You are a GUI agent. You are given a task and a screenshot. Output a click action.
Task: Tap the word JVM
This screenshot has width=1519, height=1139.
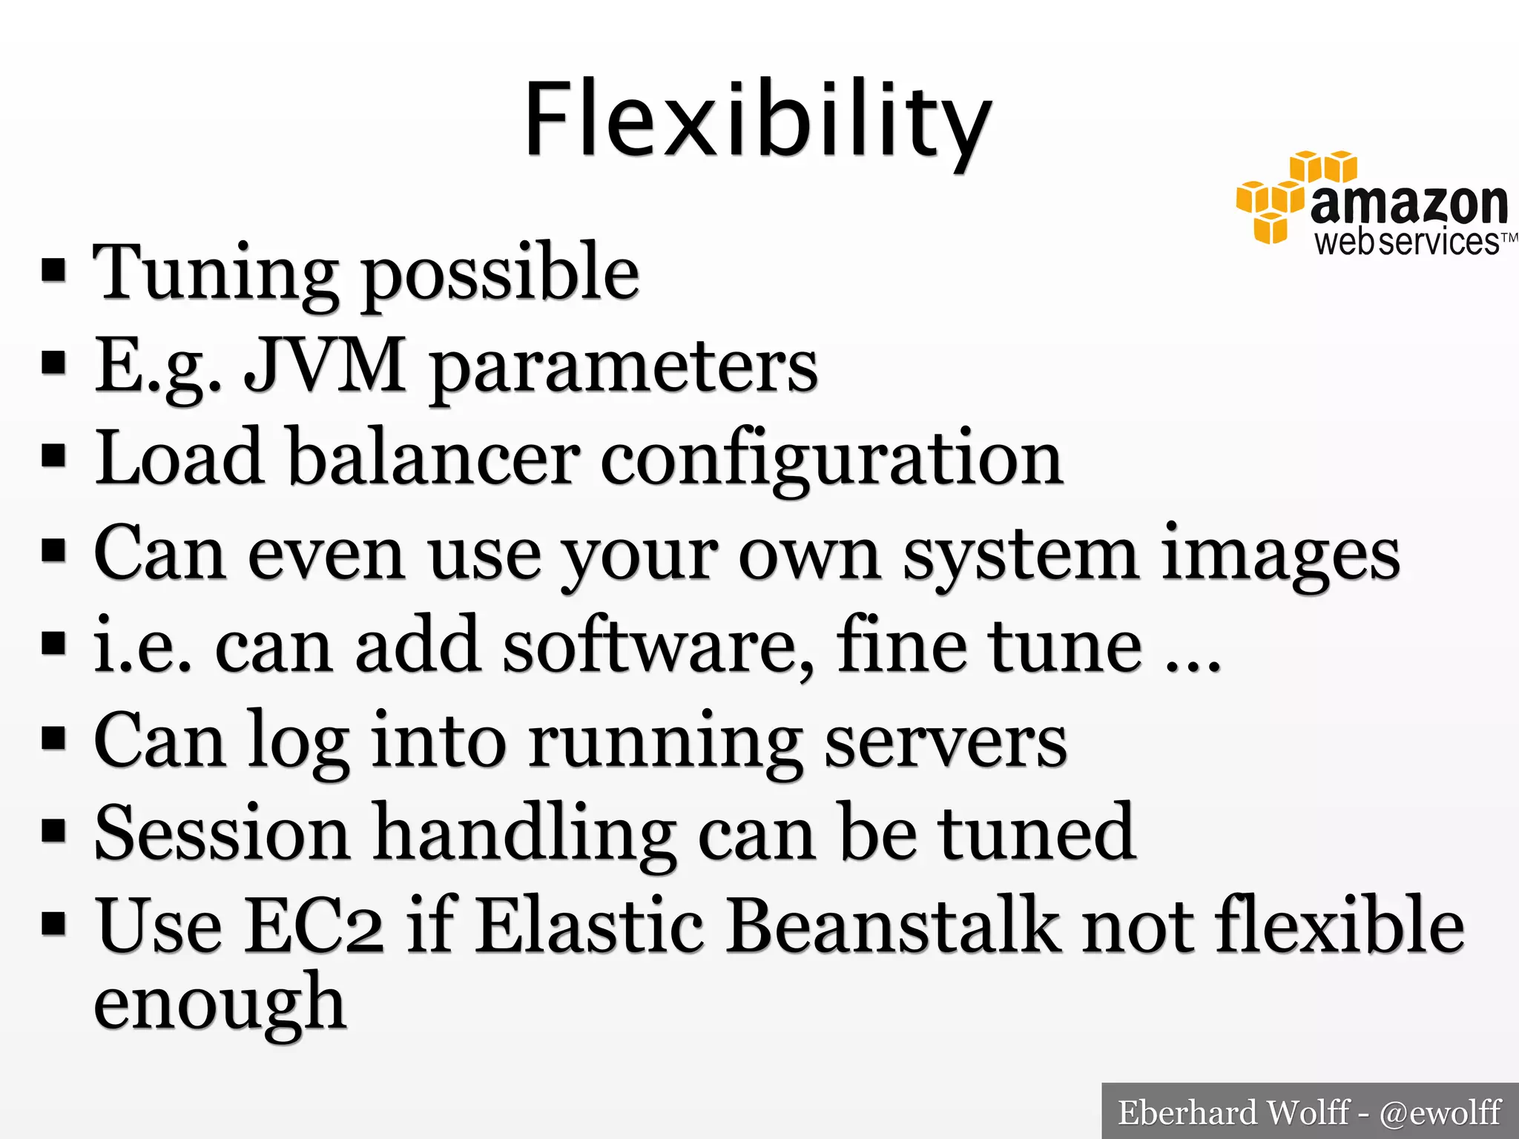(x=325, y=365)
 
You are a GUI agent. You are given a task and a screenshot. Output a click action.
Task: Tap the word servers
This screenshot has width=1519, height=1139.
(x=946, y=742)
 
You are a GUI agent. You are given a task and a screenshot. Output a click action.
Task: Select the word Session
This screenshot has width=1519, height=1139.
(x=222, y=833)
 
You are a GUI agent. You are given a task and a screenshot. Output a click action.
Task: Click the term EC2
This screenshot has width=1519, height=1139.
(x=314, y=927)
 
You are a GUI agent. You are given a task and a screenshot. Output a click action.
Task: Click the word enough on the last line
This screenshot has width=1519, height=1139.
(x=220, y=1006)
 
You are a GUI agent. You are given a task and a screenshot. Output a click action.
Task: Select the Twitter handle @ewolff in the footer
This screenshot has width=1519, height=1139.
(x=1440, y=1113)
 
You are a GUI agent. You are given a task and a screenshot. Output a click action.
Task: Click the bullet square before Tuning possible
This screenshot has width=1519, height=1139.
(x=54, y=271)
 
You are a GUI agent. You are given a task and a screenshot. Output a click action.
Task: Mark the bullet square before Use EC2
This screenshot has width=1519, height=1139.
(x=54, y=924)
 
